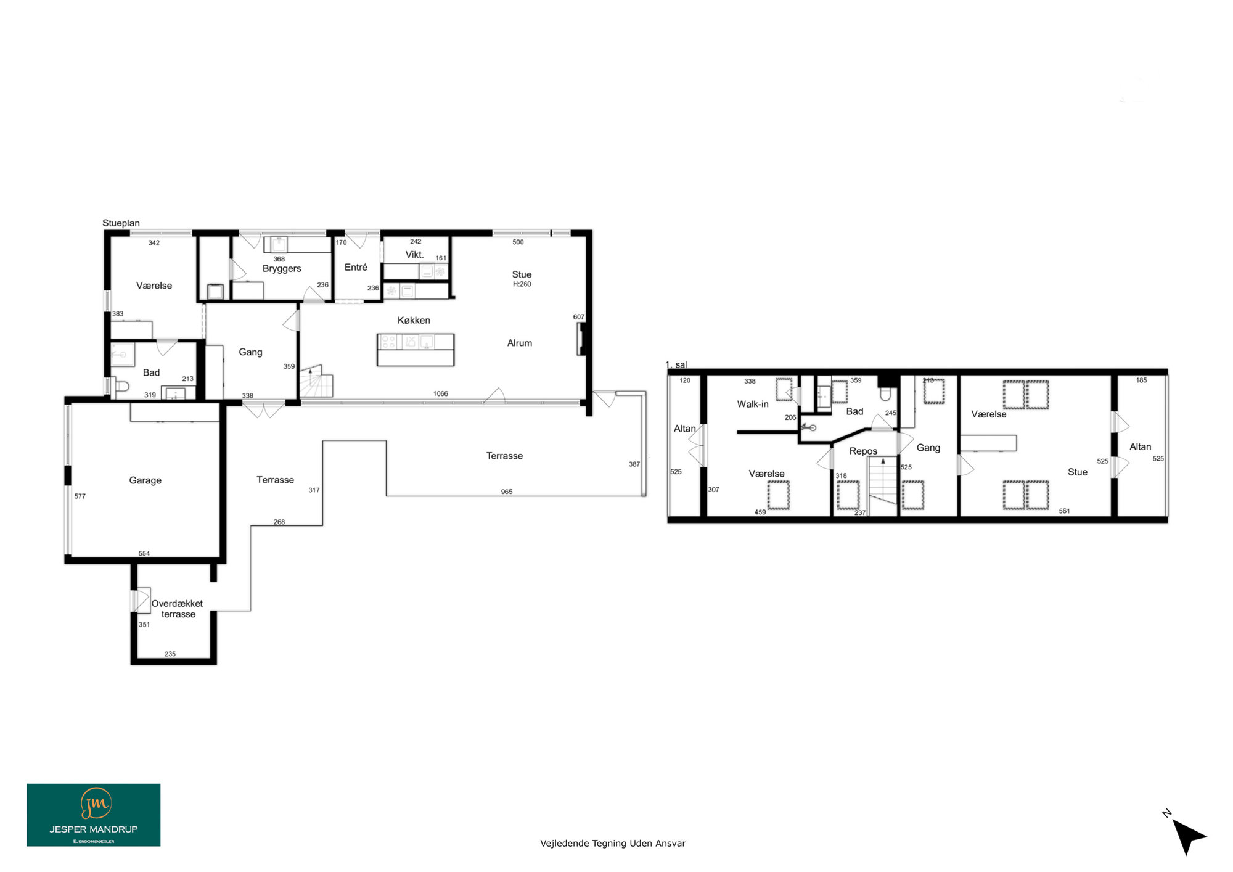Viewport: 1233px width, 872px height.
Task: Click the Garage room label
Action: coord(145,480)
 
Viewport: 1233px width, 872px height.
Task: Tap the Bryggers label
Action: coord(282,269)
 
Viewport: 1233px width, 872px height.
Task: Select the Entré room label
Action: coord(356,267)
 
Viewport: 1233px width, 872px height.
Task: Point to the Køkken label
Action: coord(414,320)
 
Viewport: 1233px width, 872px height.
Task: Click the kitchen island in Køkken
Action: coord(416,350)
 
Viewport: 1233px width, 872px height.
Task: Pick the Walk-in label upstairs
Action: coord(753,404)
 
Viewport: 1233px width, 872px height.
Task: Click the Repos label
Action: coord(863,451)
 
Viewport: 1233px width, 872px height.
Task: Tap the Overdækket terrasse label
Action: coord(178,609)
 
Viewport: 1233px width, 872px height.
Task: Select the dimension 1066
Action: coord(441,393)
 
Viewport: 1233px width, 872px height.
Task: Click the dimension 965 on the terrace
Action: coord(507,492)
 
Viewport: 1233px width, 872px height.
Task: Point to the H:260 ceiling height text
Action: coord(522,284)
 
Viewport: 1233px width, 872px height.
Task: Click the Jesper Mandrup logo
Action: coord(94,815)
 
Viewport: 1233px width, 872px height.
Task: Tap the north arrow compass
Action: coord(1187,834)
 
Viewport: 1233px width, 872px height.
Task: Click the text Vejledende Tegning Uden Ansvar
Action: coord(613,843)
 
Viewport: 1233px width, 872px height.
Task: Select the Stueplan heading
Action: coord(121,223)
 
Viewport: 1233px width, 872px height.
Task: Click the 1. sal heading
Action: coord(676,364)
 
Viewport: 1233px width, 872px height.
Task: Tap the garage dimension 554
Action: coord(144,553)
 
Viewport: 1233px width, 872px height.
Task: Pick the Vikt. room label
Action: coord(414,255)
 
